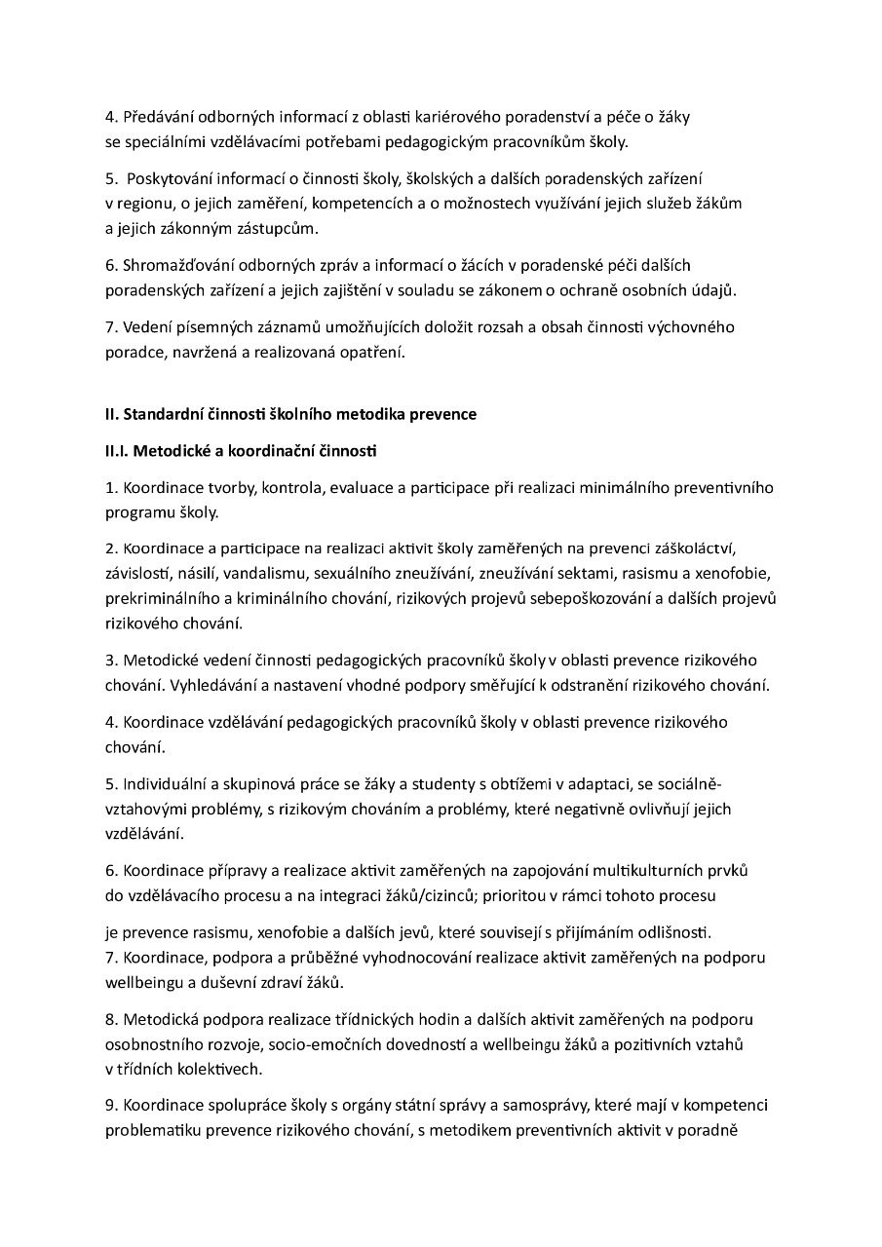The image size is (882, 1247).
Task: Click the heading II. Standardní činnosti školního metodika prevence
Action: [290, 414]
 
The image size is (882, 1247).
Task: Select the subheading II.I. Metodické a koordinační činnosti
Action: [241, 451]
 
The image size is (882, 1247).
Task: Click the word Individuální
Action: [169, 783]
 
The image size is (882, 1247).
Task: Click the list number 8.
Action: [111, 1019]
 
